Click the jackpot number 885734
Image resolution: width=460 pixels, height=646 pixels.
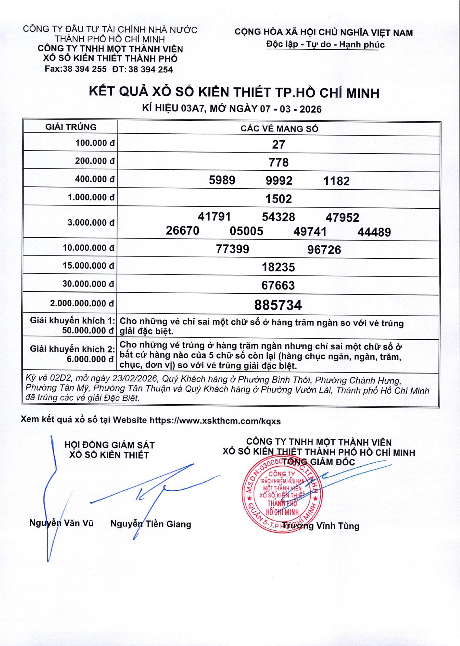pos(278,305)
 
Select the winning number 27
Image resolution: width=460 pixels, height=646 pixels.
pos(278,144)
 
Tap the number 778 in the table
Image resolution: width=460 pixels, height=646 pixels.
pos(278,162)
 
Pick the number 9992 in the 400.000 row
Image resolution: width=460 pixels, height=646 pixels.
pos(279,180)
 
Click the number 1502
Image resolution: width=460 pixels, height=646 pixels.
pos(278,199)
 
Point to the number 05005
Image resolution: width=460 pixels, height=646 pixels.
pos(246,231)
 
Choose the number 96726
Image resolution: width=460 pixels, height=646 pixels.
pos(324,249)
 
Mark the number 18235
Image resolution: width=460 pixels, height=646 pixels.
pos(278,267)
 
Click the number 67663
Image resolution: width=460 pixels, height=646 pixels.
pos(278,285)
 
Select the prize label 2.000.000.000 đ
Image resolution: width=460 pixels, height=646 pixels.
pos(82,303)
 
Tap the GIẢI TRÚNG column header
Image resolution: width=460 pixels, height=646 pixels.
pos(71,127)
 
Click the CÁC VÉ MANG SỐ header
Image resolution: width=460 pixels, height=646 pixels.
pos(279,128)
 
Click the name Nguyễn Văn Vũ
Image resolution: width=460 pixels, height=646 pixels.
pos(61,523)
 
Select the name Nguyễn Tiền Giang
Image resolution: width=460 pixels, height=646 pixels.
pos(151,524)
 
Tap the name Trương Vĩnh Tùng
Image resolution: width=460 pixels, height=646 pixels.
pos(320,526)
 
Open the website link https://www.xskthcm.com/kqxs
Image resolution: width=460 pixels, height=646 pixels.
pos(215,421)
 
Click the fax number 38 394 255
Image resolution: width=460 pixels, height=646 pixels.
pos(84,69)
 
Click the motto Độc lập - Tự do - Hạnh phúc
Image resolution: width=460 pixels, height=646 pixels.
pos(325,45)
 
